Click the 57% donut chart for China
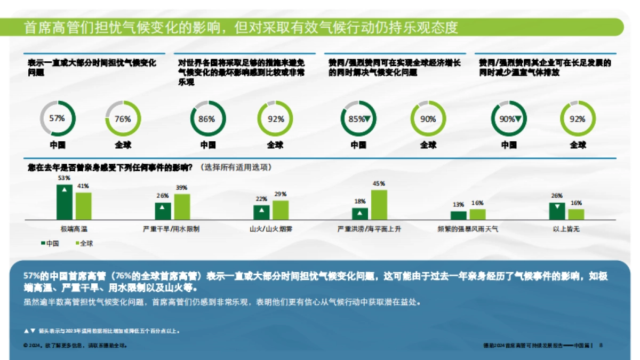[58, 118]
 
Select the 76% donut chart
[123, 118]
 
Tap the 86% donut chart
[207, 118]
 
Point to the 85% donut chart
[358, 118]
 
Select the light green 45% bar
[379, 204]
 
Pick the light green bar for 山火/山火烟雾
[281, 210]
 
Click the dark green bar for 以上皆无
[557, 211]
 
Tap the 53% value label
[64, 178]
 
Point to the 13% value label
[458, 204]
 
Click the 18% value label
[360, 201]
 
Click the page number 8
[601, 345]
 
